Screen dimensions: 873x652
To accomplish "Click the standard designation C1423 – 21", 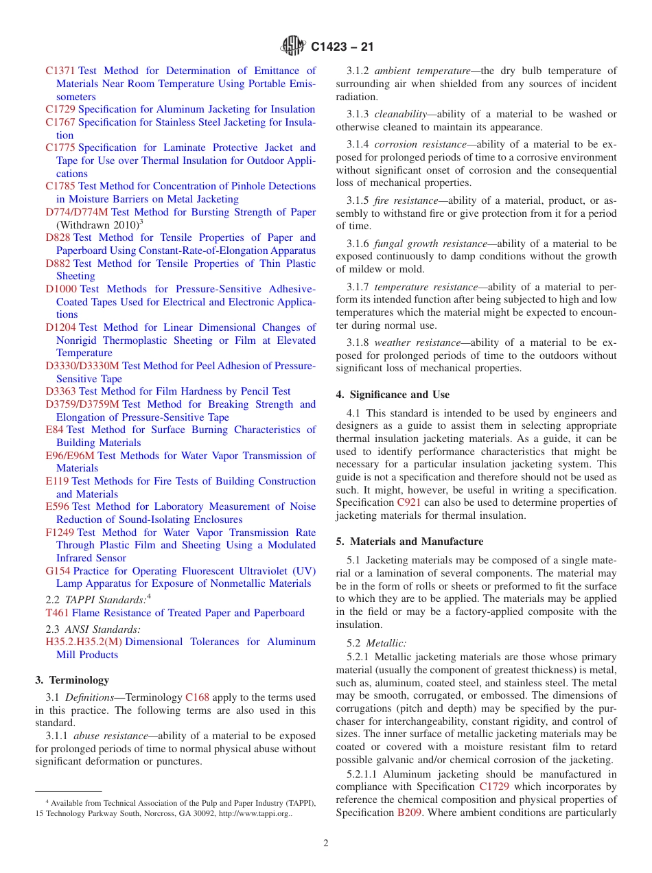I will (342, 48).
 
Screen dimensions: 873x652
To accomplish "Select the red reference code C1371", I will (60, 71).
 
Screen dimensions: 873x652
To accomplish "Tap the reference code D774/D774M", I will (77, 212).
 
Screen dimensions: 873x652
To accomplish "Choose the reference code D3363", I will (61, 391).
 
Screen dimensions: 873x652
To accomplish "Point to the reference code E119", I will (57, 481).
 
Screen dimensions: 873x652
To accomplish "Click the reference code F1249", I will (60, 533).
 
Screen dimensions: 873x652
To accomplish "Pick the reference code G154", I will (58, 571).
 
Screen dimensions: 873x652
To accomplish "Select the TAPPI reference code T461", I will (57, 613).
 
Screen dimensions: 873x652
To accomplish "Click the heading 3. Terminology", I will (72, 680).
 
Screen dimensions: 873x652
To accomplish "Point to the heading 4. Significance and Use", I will (393, 395).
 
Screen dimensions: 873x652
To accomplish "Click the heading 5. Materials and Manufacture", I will (409, 542).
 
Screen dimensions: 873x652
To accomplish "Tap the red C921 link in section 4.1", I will (409, 503).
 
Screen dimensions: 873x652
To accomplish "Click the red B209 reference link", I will (405, 813).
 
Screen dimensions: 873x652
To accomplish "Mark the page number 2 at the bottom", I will (326, 843).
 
